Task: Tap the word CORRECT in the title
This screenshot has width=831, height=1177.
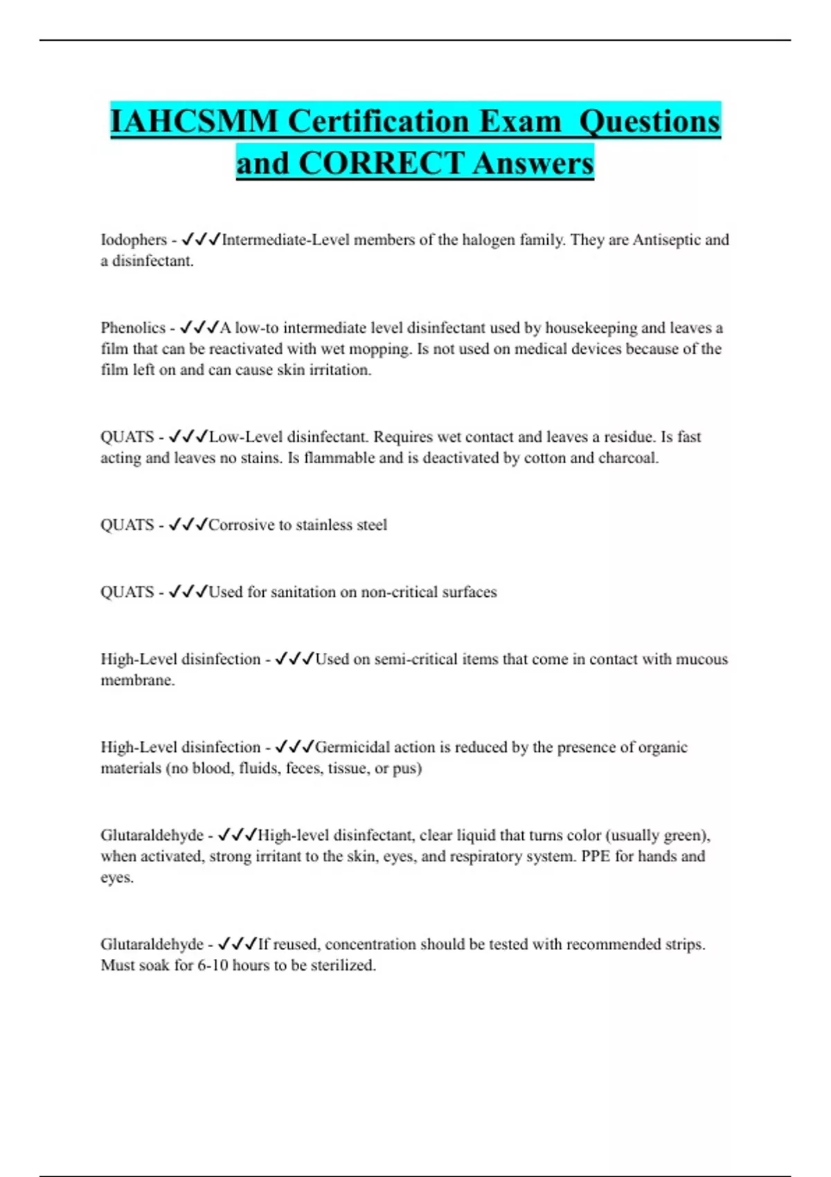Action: click(x=380, y=164)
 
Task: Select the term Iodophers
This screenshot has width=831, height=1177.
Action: click(x=134, y=240)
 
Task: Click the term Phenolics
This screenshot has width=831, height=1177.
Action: click(x=133, y=328)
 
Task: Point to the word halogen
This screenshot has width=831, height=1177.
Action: click(x=489, y=240)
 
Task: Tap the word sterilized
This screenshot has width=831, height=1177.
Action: click(x=343, y=966)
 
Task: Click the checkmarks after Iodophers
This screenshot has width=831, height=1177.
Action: click(x=201, y=240)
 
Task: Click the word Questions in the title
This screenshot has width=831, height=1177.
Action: click(x=650, y=122)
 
